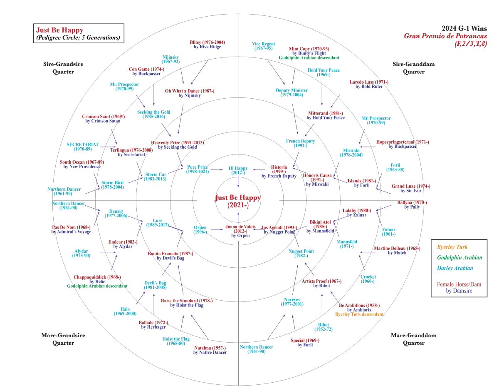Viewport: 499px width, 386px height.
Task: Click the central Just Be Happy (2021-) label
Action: pyautogui.click(x=238, y=201)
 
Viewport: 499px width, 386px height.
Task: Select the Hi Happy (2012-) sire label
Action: pyautogui.click(x=238, y=170)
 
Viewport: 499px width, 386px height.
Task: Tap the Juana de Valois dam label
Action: pyautogui.click(x=240, y=231)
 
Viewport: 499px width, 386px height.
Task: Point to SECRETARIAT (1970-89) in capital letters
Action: pyautogui.click(x=83, y=147)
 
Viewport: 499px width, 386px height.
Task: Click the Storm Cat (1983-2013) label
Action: pyautogui.click(x=155, y=177)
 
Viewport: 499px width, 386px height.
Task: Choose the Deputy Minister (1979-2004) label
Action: pyautogui.click(x=291, y=92)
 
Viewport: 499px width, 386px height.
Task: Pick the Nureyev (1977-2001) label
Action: pyautogui.click(x=292, y=301)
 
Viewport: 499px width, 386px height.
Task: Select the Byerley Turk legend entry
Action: pyautogui.click(x=452, y=247)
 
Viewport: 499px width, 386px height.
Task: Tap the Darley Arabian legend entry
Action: pyautogui.click(x=455, y=268)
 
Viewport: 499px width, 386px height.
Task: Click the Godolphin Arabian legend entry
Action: pyautogui.click(x=459, y=257)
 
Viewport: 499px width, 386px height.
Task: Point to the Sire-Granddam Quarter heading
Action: pyautogui.click(x=414, y=68)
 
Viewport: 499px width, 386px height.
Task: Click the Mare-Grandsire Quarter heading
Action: pyautogui.click(x=63, y=339)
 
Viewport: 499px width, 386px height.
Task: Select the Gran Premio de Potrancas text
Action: pyautogui.click(x=445, y=36)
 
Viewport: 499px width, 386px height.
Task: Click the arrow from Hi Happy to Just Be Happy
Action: pyautogui.click(x=238, y=182)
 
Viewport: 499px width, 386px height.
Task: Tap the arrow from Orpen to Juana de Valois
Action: pyautogui.click(x=217, y=229)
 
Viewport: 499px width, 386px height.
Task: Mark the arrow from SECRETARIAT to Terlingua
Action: pyautogui.click(x=108, y=147)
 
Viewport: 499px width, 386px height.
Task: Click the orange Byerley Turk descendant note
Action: pyautogui.click(x=359, y=314)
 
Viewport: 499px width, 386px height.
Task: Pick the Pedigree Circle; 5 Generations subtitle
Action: pyautogui.click(x=78, y=37)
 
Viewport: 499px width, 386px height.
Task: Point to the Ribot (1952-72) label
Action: pyautogui.click(x=324, y=327)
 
